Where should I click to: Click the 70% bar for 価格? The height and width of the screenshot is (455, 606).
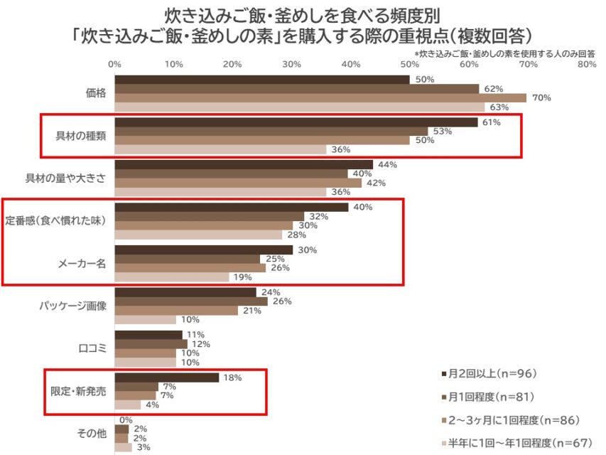tap(320, 97)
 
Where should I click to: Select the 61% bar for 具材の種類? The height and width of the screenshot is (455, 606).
tap(296, 122)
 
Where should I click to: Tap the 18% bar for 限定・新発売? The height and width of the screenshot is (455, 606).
tap(166, 378)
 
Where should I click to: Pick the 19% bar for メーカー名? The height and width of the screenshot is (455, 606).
tap(171, 277)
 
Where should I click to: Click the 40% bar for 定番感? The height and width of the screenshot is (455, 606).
tap(231, 207)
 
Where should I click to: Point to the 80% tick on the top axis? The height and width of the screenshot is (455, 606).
tap(586, 65)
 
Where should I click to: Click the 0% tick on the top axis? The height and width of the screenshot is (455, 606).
tap(114, 65)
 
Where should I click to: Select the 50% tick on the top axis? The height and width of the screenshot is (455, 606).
tap(409, 65)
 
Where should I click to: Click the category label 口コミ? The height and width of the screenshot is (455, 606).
tap(92, 348)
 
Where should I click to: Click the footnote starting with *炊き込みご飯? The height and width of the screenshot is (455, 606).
tap(504, 53)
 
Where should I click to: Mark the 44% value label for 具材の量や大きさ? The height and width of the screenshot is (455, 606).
tap(386, 164)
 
